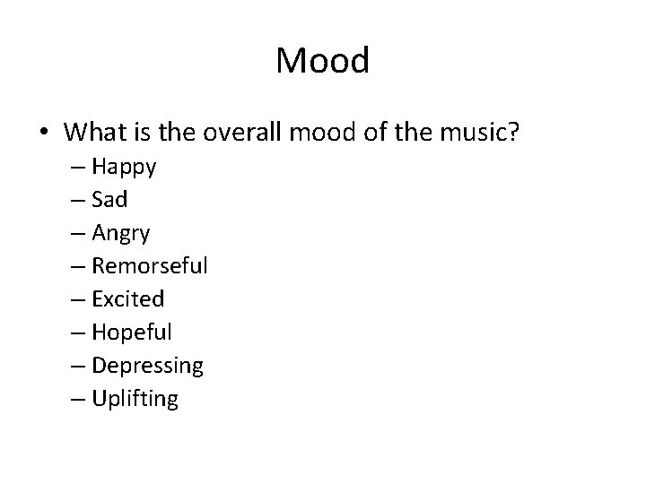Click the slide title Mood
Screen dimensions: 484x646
(x=322, y=61)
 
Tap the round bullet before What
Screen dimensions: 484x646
(x=43, y=133)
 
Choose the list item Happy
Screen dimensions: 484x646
(x=124, y=167)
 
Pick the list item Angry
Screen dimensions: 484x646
(x=121, y=234)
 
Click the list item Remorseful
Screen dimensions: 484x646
(x=150, y=266)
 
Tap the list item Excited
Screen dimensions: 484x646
(x=128, y=299)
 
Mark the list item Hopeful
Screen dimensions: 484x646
(x=132, y=333)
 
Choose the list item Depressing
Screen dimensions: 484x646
(x=148, y=366)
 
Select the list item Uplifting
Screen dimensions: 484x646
(x=135, y=399)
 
